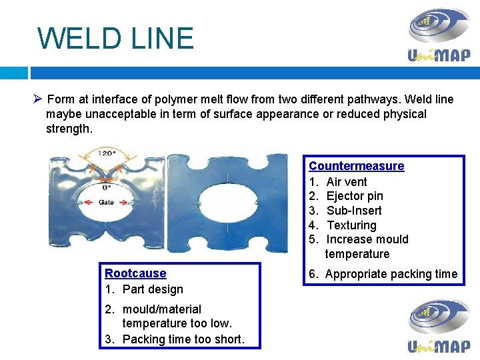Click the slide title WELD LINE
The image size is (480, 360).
click(115, 38)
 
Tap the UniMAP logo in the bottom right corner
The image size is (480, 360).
click(439, 325)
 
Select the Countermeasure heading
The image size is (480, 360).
click(356, 166)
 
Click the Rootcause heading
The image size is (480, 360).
click(135, 273)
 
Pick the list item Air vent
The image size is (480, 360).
click(347, 182)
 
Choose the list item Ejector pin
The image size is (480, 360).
click(355, 196)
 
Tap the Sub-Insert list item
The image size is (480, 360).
click(354, 211)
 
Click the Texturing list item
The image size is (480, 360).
click(351, 225)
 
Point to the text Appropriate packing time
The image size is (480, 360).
click(391, 274)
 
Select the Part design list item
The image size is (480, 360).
click(152, 289)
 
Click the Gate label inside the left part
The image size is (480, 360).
click(106, 202)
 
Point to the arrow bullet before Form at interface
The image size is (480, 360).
click(38, 99)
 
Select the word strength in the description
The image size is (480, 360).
click(68, 128)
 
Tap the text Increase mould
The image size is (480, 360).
click(367, 239)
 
